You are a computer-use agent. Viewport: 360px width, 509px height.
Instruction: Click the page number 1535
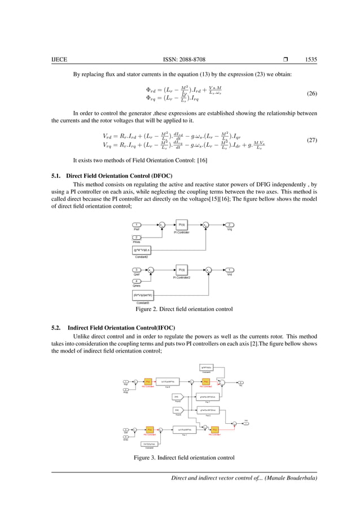309,59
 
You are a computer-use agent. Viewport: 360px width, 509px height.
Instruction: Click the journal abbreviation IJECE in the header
60,59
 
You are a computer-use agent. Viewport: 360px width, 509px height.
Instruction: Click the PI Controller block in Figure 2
182,225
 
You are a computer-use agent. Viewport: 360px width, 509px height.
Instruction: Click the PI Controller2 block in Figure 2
182,270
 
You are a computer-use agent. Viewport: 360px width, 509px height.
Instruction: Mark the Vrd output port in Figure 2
230,270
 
